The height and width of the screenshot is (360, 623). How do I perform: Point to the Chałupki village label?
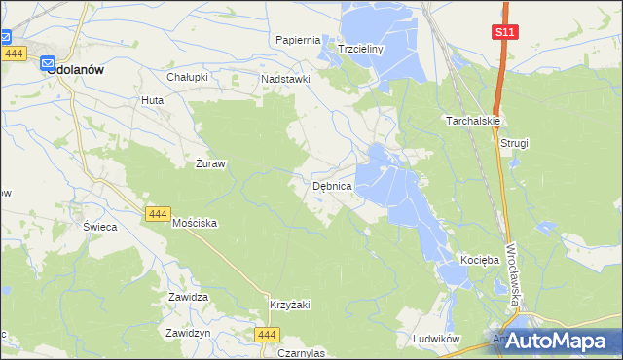coord(189,77)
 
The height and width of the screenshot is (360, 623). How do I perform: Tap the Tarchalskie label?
coord(473,122)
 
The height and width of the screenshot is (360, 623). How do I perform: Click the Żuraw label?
coord(210,163)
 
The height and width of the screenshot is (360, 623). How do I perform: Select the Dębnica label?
coord(338,185)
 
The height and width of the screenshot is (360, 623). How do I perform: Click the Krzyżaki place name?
coord(290,305)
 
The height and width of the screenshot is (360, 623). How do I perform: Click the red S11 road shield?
coord(504,32)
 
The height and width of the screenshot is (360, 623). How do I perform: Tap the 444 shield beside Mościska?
coord(157,213)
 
